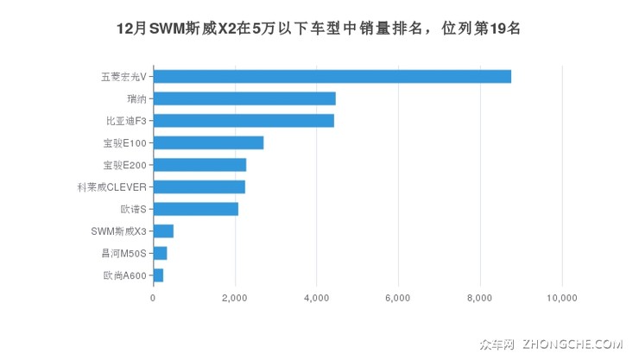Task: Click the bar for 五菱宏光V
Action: (332, 76)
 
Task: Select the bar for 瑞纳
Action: (244, 98)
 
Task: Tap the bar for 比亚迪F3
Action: (244, 121)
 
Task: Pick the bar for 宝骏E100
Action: (208, 142)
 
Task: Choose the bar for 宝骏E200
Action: (199, 165)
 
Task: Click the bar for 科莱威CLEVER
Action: (199, 186)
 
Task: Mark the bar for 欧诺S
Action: (195, 209)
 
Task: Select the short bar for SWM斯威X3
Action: (163, 231)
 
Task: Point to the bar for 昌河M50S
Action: (160, 253)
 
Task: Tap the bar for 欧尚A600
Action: (158, 275)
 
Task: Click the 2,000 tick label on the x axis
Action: (235, 298)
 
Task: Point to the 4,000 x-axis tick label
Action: (317, 298)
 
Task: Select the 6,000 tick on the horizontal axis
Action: (398, 298)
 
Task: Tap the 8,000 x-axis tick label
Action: (480, 298)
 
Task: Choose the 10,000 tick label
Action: (562, 298)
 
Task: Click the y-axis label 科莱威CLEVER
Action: (112, 186)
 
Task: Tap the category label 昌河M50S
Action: (123, 253)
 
